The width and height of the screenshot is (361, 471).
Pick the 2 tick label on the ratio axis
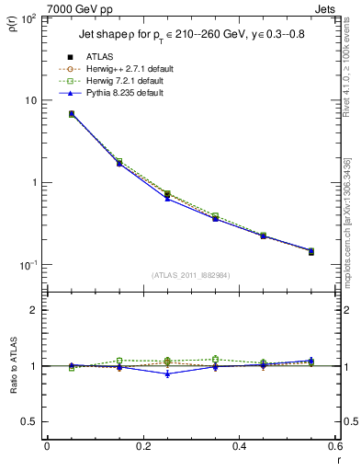coord(35,310)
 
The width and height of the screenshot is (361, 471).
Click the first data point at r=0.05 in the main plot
coord(72,114)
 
